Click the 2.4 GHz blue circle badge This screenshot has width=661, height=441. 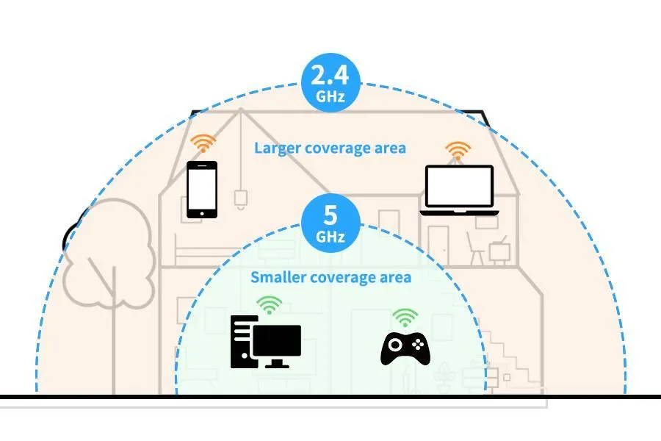coord(331,82)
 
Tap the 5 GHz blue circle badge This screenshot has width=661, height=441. coord(331,223)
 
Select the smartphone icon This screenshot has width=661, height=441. coord(202,190)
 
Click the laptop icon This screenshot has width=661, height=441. coord(459,190)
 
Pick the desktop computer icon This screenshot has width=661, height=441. coord(266,342)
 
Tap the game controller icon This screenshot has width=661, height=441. coord(405,348)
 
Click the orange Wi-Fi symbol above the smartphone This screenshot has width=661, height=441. coord(203,143)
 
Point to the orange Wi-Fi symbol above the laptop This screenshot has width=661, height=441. coord(458,151)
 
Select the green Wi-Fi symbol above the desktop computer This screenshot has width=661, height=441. coord(270,305)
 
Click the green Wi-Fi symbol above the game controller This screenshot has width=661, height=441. coord(405,318)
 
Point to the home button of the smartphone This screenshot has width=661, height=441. coord(202,214)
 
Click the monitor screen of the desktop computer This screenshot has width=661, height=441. coord(277,340)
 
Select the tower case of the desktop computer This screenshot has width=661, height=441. coord(242,342)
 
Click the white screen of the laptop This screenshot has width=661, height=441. coord(459,186)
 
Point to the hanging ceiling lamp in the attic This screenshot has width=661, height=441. coord(241,200)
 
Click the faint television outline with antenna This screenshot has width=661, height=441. coord(499,250)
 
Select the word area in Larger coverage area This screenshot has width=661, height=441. coord(392,148)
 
